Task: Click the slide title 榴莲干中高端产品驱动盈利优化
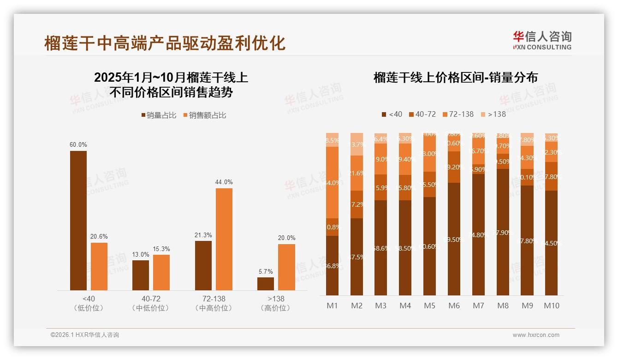pos(165,43)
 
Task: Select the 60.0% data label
pos(78,144)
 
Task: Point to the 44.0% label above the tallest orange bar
pos(224,182)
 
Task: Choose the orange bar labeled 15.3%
pos(161,272)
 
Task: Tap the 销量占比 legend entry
pos(159,115)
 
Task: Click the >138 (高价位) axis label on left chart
pos(276,303)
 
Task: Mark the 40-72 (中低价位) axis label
pos(151,303)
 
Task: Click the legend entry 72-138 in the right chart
pos(458,114)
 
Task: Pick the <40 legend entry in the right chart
pos(392,114)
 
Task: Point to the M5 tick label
pos(429,306)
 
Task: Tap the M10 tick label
pos(551,306)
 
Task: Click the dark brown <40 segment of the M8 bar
pos(503,232)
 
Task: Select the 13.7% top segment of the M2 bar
pos(357,144)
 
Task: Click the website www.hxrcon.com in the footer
pos(536,335)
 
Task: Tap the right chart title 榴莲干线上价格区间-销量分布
pos(455,78)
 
